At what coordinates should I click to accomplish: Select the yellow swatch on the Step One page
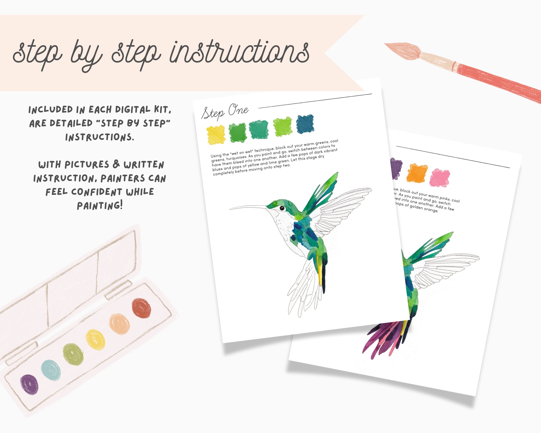(216, 135)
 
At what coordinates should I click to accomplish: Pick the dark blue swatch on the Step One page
(305, 124)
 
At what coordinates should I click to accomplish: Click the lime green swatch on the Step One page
(283, 126)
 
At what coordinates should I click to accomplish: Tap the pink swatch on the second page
(440, 178)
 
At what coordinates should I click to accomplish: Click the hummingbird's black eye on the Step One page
(282, 208)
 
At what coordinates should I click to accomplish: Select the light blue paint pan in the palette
(51, 370)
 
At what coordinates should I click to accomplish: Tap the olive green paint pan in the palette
(73, 354)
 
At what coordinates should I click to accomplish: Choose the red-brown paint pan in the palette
(141, 308)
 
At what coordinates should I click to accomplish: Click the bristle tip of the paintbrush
(388, 45)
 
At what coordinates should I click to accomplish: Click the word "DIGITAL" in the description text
(133, 110)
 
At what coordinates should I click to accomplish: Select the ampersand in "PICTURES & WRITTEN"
(116, 164)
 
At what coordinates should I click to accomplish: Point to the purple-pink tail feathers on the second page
(384, 339)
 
